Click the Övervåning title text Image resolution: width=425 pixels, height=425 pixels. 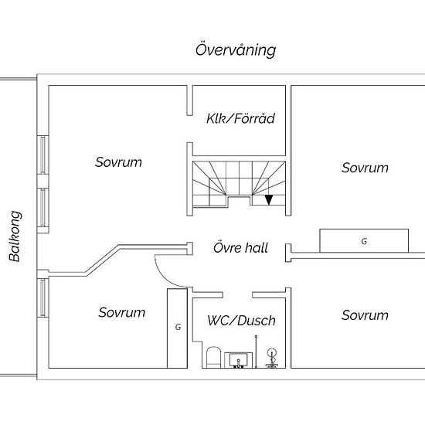[x=236, y=50]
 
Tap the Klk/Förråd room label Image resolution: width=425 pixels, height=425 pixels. [x=240, y=118]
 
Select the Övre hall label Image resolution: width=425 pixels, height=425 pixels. [x=240, y=248]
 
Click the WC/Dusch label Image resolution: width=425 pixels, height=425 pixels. [x=242, y=321]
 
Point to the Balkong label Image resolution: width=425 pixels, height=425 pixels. [x=15, y=236]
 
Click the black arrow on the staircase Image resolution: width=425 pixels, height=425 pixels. [x=268, y=200]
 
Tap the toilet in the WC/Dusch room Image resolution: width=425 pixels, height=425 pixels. [x=213, y=357]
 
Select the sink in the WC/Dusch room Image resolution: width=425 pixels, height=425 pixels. [x=238, y=360]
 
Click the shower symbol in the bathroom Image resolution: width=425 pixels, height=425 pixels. [x=271, y=358]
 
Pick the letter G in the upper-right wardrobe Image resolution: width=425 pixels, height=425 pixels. [x=364, y=241]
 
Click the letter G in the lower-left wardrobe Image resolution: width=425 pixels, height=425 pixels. [x=178, y=327]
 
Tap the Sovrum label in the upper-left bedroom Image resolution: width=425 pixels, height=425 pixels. [x=118, y=162]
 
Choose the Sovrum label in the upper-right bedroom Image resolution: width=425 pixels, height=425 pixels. [x=365, y=168]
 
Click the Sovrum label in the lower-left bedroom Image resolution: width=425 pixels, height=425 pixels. [x=121, y=312]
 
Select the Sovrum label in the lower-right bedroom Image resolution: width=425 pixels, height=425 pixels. [x=365, y=315]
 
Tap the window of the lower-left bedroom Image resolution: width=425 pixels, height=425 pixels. [x=42, y=297]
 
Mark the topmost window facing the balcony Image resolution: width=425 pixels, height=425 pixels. [x=42, y=155]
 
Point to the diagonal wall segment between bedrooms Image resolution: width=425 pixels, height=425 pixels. [x=103, y=260]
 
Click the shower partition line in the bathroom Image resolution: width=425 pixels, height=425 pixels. [x=256, y=352]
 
